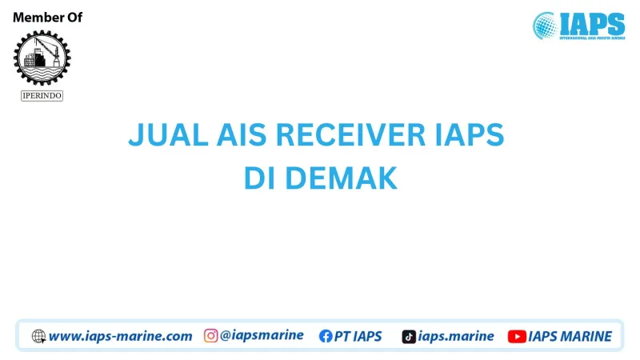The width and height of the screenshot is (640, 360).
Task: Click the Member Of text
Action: [47, 18]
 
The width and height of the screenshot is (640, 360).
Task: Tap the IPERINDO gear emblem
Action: [42, 57]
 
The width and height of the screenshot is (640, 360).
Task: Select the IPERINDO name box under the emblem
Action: [42, 96]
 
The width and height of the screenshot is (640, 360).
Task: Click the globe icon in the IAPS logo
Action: [546, 25]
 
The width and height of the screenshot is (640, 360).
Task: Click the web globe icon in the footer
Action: [38, 337]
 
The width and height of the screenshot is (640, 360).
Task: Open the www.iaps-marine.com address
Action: [120, 337]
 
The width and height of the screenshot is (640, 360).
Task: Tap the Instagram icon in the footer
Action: [211, 336]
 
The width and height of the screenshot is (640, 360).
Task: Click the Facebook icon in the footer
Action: [326, 337]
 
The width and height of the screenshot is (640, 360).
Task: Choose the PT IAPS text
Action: [358, 337]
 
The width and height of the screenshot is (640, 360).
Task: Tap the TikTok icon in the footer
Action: [409, 337]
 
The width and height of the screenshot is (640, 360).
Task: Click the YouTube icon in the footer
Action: [517, 337]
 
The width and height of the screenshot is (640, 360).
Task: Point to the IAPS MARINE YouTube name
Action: [570, 337]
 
